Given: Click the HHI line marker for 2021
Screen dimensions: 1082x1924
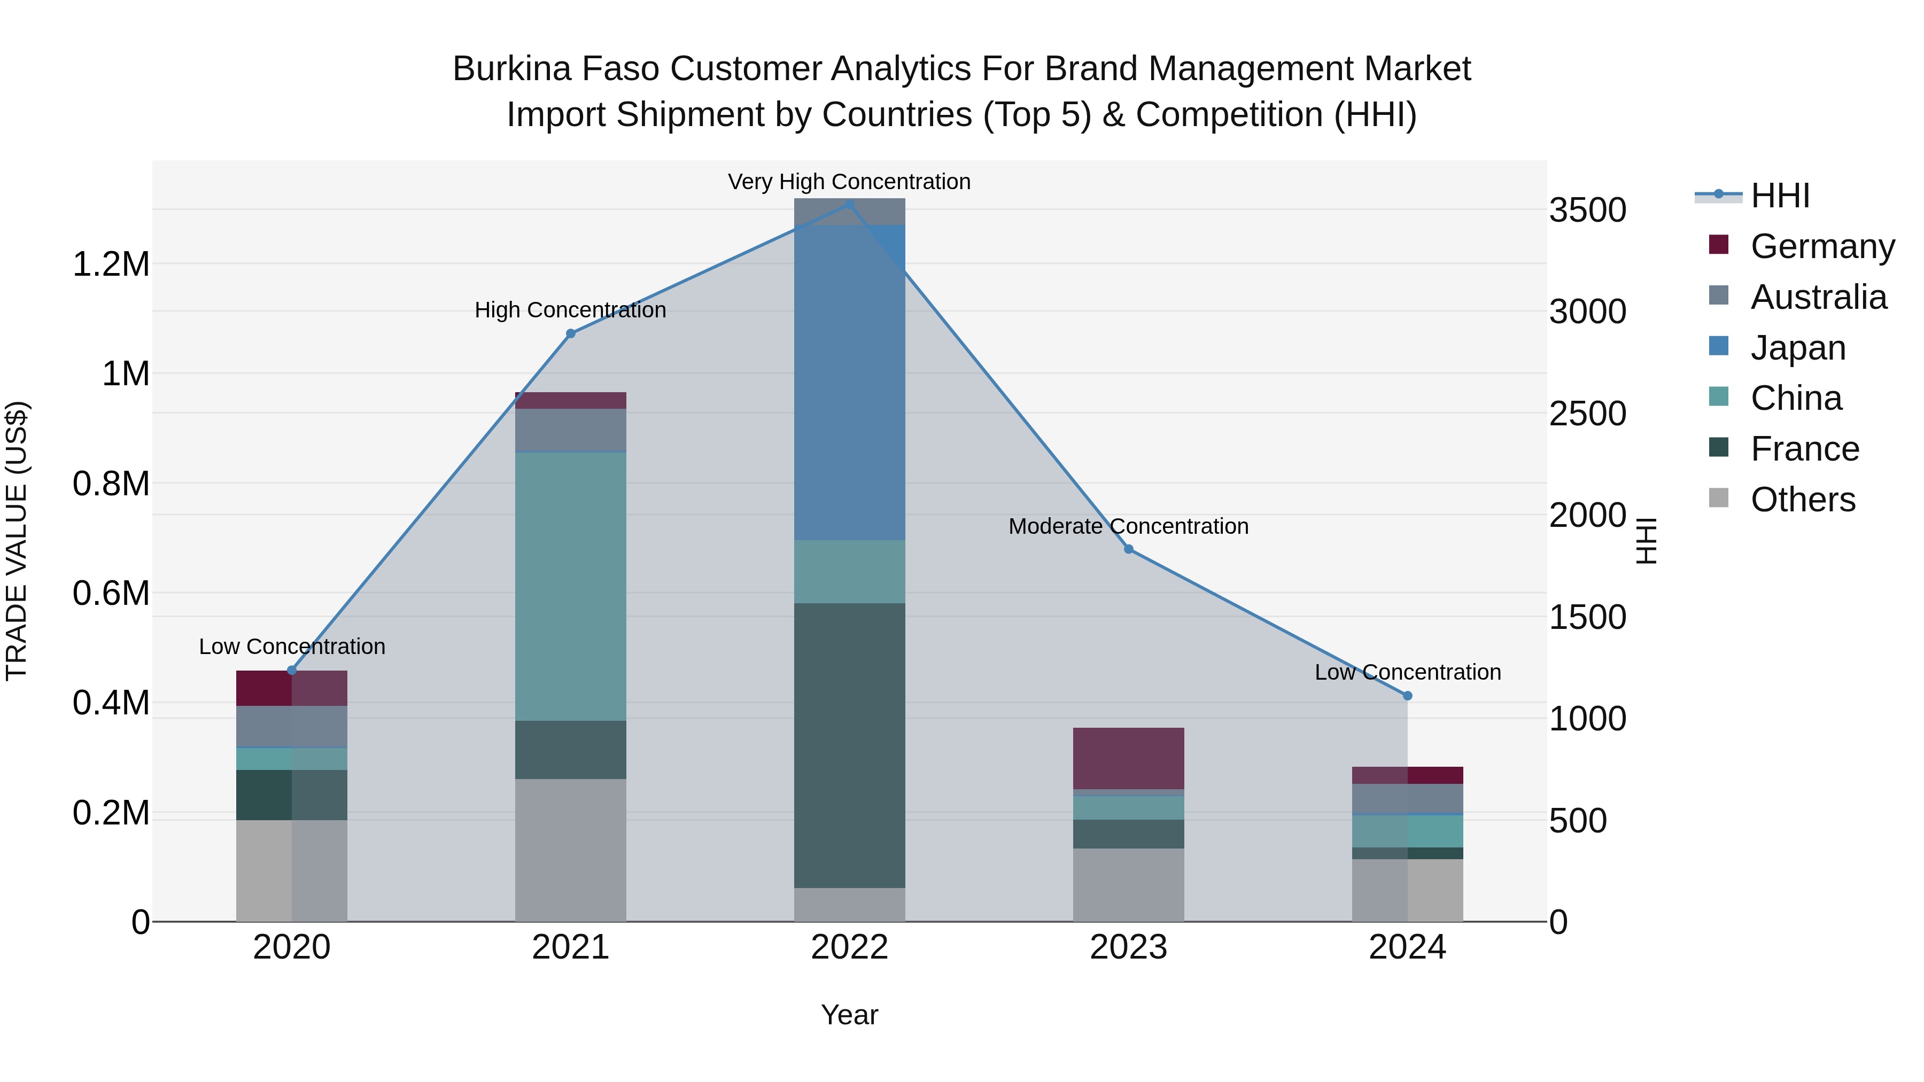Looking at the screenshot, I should [571, 334].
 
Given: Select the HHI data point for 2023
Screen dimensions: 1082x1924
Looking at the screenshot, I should [1129, 550].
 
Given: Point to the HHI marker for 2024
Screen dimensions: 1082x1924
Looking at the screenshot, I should [1407, 696].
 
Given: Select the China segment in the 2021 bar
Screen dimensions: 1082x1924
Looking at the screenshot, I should [571, 586].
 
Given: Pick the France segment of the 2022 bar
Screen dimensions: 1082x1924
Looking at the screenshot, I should [849, 745].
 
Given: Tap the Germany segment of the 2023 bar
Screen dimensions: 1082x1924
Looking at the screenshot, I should [1129, 758].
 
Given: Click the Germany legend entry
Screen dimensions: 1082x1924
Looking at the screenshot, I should [1822, 246].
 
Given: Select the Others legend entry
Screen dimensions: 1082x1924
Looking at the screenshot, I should [1802, 500].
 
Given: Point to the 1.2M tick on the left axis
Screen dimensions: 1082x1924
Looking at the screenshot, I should [111, 264].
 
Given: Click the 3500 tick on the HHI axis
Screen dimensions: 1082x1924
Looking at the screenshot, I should [1587, 210].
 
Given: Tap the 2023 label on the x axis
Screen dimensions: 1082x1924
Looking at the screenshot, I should [1129, 947].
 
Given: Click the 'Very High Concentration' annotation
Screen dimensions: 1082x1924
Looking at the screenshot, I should [849, 182].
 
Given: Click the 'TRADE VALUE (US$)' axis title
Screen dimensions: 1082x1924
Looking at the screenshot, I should [17, 541].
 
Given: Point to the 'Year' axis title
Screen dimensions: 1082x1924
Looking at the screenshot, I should [849, 1015].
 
